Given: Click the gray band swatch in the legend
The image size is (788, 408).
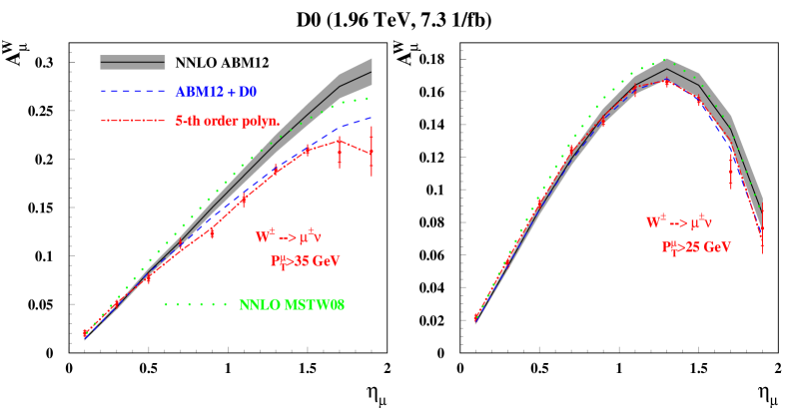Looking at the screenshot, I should [x=133, y=62].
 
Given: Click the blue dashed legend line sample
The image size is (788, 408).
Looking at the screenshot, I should [x=133, y=92].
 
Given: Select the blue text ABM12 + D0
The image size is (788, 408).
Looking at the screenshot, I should [x=216, y=92].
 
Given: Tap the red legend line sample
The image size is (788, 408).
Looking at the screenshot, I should [x=133, y=121].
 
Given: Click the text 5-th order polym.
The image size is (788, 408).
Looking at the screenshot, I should [x=227, y=121].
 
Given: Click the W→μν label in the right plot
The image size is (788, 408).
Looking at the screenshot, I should [x=677, y=222].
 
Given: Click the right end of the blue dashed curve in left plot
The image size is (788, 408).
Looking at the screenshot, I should [x=372, y=118].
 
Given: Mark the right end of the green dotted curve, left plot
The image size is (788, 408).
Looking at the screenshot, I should [x=371, y=98].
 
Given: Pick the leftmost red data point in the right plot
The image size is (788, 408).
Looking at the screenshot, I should [x=474, y=319].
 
